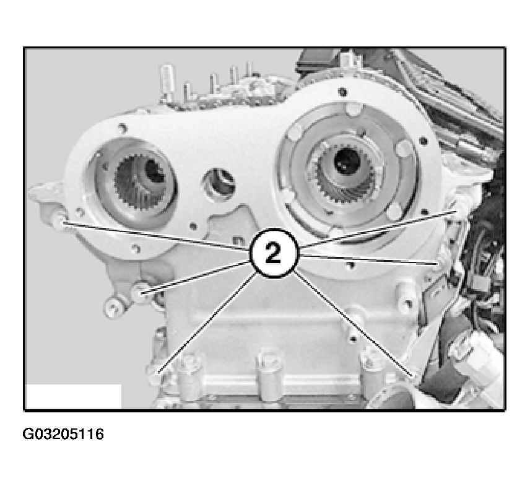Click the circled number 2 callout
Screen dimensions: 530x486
point(274,253)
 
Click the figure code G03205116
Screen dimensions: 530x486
point(63,434)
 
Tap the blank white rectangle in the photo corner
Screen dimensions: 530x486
point(73,396)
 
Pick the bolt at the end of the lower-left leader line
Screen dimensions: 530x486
point(139,292)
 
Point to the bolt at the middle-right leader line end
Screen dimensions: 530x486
point(440,262)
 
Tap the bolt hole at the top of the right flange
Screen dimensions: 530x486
point(343,92)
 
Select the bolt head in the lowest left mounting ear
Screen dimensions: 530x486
point(112,308)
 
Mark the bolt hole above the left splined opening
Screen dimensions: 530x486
point(122,128)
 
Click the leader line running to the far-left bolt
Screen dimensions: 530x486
point(156,235)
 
